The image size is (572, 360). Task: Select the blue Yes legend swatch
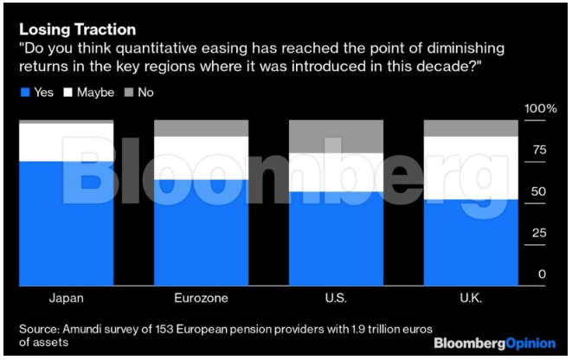pyautogui.click(x=24, y=92)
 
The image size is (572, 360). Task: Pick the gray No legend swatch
pyautogui.click(x=128, y=92)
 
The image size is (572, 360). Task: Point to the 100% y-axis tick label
pyautogui.click(x=540, y=109)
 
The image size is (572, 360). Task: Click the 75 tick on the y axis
pyautogui.click(x=537, y=150)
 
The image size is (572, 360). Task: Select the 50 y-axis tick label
pyautogui.click(x=537, y=191)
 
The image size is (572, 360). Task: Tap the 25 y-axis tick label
pyautogui.click(x=537, y=233)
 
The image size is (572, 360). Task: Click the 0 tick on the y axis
pyautogui.click(x=543, y=274)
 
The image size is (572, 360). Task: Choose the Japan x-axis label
pyautogui.click(x=67, y=299)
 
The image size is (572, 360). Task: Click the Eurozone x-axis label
pyautogui.click(x=202, y=299)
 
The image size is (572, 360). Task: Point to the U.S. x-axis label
pyautogui.click(x=336, y=299)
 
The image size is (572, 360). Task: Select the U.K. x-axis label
pyautogui.click(x=471, y=299)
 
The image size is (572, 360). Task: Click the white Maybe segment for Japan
pyautogui.click(x=67, y=142)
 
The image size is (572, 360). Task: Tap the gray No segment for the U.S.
pyautogui.click(x=336, y=137)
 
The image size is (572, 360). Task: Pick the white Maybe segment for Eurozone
pyautogui.click(x=202, y=157)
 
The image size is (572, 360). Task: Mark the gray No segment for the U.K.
pyautogui.click(x=471, y=128)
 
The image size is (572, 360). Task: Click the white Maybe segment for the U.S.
pyautogui.click(x=336, y=172)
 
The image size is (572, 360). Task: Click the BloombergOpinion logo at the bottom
pyautogui.click(x=492, y=343)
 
